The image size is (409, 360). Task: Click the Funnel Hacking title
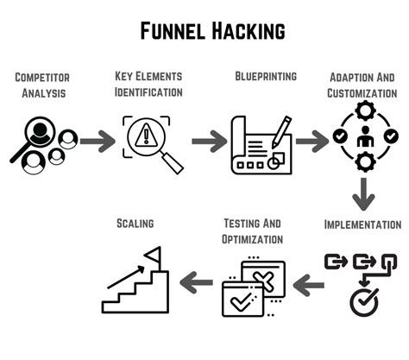pyautogui.click(x=212, y=32)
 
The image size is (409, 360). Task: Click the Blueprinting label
pyautogui.click(x=266, y=76)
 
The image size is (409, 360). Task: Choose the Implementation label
pyautogui.click(x=362, y=224)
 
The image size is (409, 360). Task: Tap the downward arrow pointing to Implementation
pyautogui.click(x=363, y=194)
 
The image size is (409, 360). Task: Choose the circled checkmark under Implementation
pyautogui.click(x=363, y=300)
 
